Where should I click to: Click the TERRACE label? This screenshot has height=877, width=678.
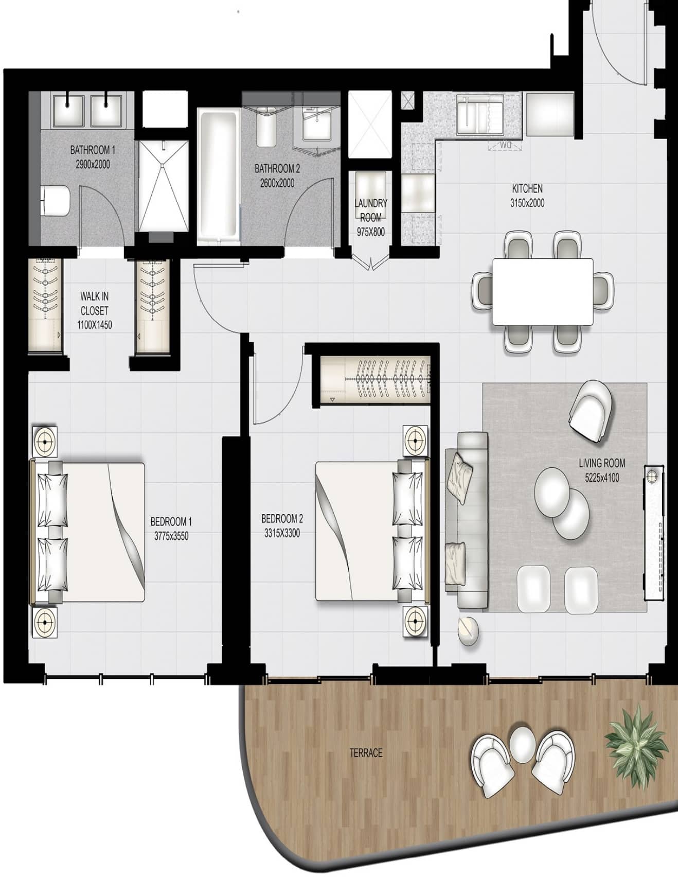coord(366,753)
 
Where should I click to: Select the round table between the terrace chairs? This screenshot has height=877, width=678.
coord(523,744)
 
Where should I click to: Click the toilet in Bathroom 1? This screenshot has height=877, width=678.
coord(56,201)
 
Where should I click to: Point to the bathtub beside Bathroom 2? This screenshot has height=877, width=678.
coord(218,175)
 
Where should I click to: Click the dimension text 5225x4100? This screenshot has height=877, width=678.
coord(602,478)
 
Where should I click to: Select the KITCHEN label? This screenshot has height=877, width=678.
coord(527,188)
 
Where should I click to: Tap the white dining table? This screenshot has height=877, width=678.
coord(542,291)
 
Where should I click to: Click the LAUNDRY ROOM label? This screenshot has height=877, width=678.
coord(370,210)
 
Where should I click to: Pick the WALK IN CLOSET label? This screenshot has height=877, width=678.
coord(94,304)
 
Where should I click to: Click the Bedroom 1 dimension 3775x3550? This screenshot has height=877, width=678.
coord(171,536)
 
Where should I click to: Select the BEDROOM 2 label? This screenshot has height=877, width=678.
coord(282,518)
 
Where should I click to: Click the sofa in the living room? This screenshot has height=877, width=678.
coord(466,520)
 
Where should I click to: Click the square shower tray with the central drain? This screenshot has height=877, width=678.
coord(164,186)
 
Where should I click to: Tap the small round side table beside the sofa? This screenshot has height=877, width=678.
coord(469,630)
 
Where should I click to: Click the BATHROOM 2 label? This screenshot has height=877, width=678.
coord(277,168)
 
